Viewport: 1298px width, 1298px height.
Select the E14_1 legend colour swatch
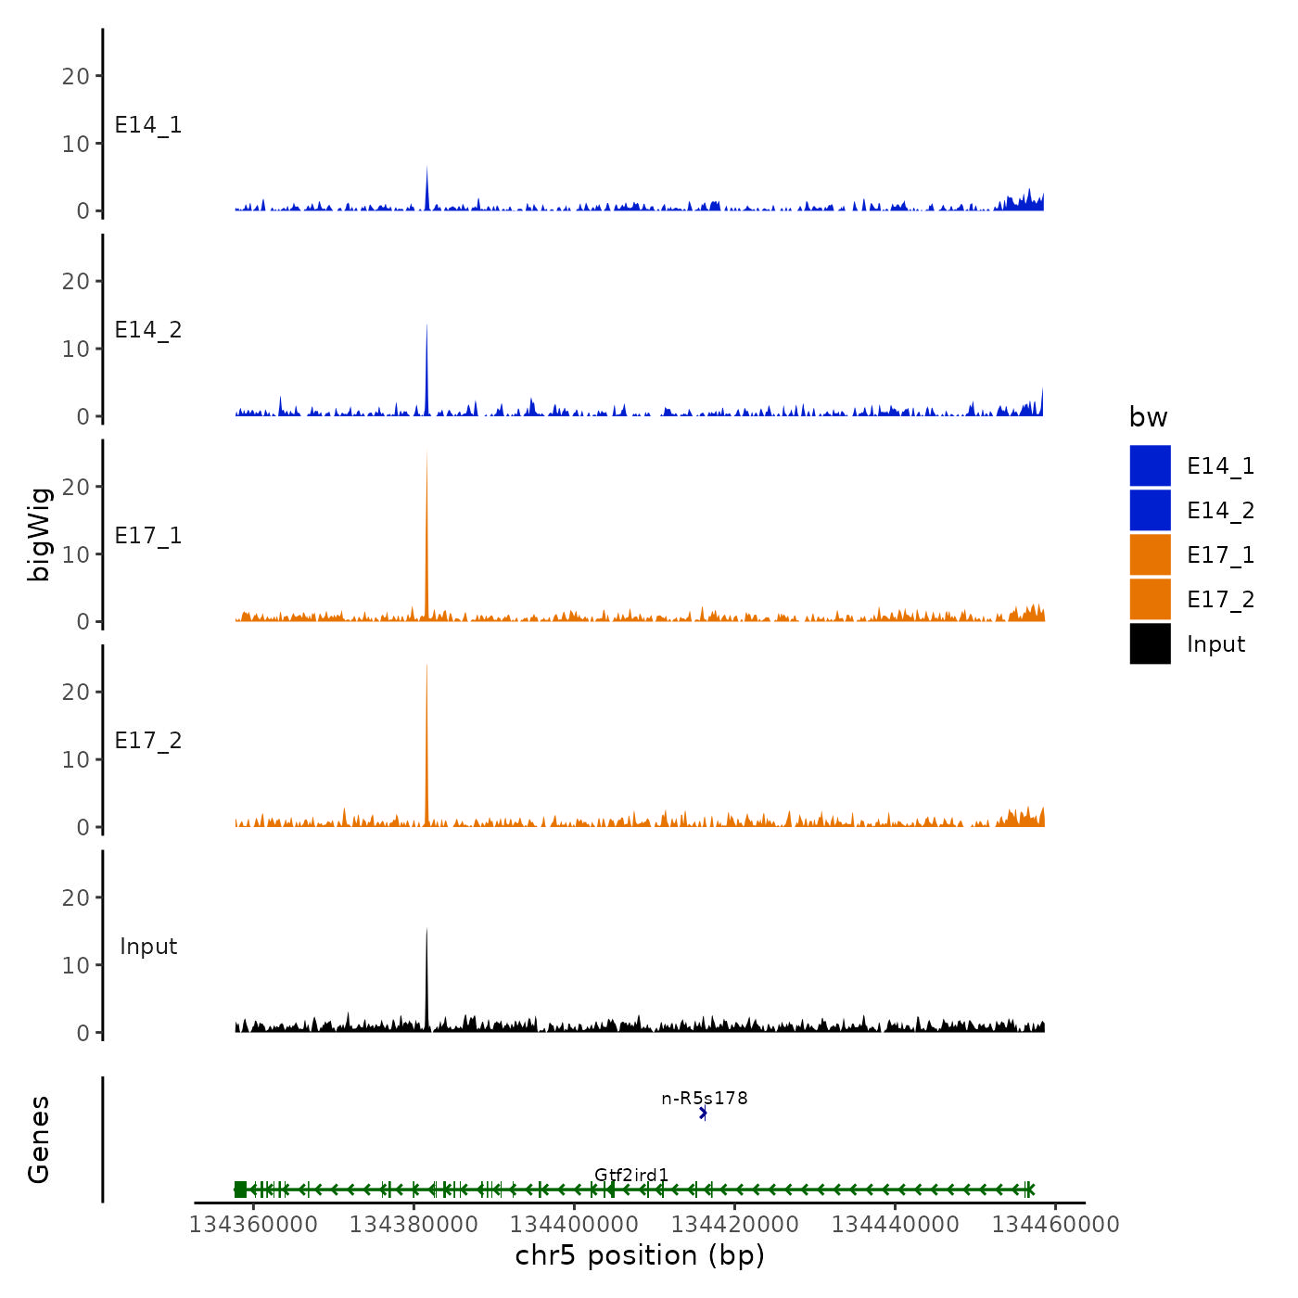(1150, 465)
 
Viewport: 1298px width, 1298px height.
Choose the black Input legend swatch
(1150, 643)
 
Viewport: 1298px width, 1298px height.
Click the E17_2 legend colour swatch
(1150, 599)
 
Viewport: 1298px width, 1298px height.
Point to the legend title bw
(1148, 417)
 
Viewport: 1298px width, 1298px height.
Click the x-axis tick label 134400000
(574, 1224)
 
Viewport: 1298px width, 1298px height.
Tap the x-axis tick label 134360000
(253, 1224)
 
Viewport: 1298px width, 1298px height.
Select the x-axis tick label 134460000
(1056, 1224)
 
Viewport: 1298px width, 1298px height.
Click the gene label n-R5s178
(705, 1099)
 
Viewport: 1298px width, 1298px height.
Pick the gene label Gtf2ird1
(631, 1175)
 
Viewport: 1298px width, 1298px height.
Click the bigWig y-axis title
(39, 535)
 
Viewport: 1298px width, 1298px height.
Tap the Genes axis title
(39, 1139)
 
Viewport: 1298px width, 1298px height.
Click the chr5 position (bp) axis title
(640, 1255)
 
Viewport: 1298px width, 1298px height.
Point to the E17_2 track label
(148, 741)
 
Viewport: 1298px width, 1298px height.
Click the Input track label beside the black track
(148, 947)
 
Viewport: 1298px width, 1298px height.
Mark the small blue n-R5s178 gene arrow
(704, 1113)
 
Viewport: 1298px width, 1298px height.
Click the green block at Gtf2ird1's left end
(241, 1190)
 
